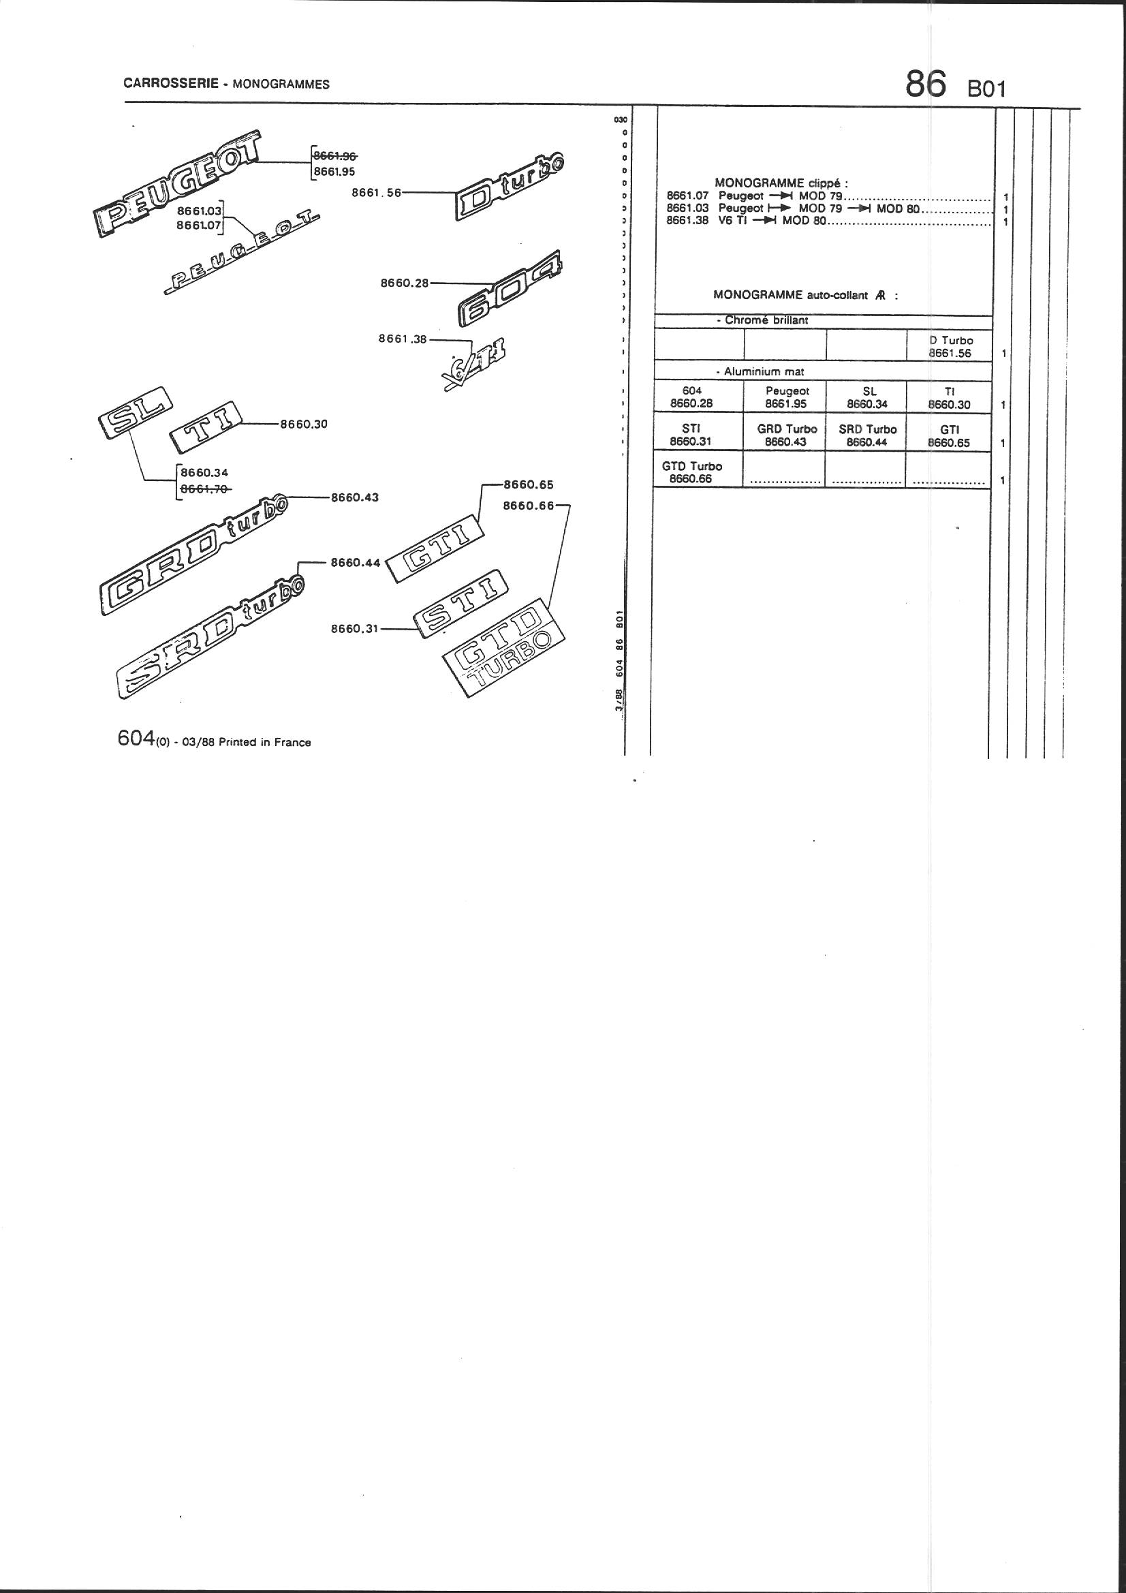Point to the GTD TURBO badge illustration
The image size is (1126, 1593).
coord(504,647)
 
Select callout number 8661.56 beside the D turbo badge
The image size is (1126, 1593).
coord(376,193)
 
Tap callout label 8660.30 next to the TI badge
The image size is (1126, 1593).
coord(303,424)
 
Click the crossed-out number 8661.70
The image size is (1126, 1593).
coord(204,489)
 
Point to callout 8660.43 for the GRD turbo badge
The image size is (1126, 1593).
coord(354,497)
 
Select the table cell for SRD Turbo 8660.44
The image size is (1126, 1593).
coord(867,435)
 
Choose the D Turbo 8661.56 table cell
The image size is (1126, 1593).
coord(950,346)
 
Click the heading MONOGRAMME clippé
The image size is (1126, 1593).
coord(781,183)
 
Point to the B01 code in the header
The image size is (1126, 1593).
coord(986,89)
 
